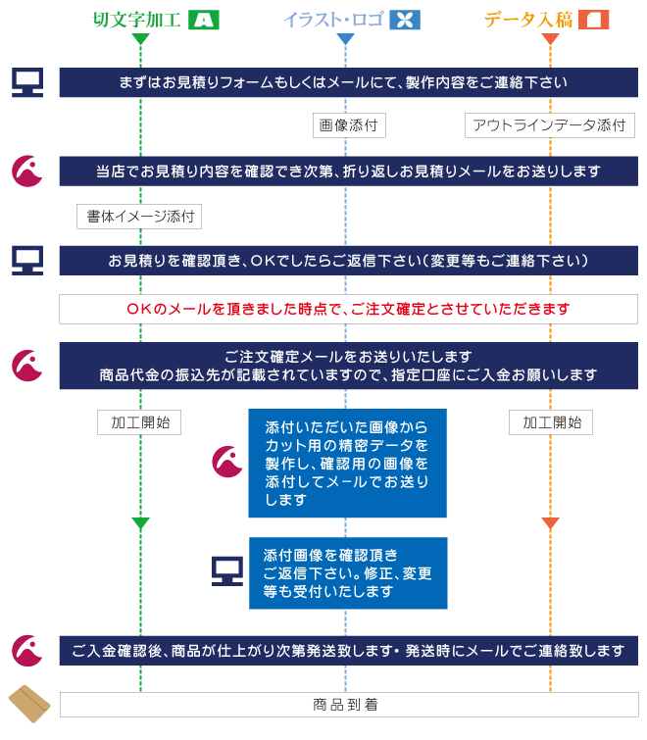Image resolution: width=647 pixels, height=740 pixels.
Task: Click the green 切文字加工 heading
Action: pyautogui.click(x=136, y=20)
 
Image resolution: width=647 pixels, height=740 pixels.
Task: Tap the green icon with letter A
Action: pyautogui.click(x=203, y=20)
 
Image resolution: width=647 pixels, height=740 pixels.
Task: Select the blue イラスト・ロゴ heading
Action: pyautogui.click(x=333, y=20)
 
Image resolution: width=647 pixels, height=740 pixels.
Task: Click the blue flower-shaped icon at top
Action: pyautogui.click(x=405, y=20)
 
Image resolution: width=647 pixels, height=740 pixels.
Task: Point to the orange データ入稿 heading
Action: pyautogui.click(x=528, y=20)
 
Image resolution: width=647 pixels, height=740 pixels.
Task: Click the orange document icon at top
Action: pyautogui.click(x=594, y=20)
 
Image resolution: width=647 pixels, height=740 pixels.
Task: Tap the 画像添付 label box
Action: pyautogui.click(x=349, y=125)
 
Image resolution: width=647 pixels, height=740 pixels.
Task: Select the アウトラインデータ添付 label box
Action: pyautogui.click(x=550, y=125)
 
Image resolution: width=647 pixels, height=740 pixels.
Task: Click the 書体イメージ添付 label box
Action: pyautogui.click(x=139, y=217)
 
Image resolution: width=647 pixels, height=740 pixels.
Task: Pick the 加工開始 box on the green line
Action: pyautogui.click(x=139, y=422)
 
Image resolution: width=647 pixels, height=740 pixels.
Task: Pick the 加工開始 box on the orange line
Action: pyautogui.click(x=551, y=422)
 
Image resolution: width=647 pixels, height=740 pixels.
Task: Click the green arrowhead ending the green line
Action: pyautogui.click(x=140, y=523)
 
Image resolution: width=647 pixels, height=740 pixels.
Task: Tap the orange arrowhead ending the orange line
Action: pyautogui.click(x=550, y=523)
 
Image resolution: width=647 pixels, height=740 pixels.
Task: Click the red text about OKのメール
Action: pyautogui.click(x=348, y=309)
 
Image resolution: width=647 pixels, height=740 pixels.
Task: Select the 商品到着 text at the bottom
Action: pyautogui.click(x=345, y=705)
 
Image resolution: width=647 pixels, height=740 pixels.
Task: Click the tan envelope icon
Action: pyautogui.click(x=29, y=704)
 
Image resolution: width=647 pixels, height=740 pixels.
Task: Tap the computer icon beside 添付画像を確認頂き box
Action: pyautogui.click(x=227, y=571)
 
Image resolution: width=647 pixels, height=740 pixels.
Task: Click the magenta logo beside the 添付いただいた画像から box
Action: pyautogui.click(x=227, y=462)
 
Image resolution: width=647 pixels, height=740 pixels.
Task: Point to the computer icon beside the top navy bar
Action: pyautogui.click(x=27, y=82)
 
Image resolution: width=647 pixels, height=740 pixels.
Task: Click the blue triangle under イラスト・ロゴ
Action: pyautogui.click(x=345, y=38)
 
